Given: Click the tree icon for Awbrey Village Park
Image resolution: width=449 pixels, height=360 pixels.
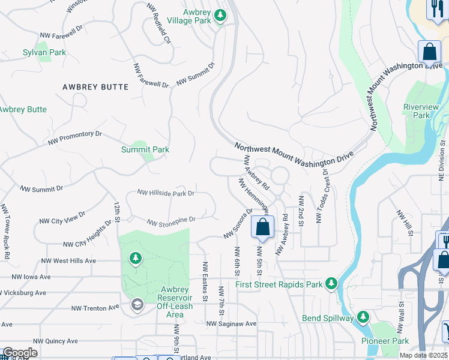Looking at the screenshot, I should point(220,15).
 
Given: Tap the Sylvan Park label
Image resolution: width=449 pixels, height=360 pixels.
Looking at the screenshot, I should point(44,53).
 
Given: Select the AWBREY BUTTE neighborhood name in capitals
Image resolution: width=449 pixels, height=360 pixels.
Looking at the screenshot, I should point(95,87).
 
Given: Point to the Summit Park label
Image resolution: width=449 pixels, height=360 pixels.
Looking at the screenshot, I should point(145,149).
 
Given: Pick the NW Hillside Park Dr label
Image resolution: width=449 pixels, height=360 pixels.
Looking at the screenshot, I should point(166,193).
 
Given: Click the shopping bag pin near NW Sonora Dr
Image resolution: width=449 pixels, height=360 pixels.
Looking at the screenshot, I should point(262,227).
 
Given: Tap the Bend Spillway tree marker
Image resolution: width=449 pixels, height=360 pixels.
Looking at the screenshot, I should point(363,316).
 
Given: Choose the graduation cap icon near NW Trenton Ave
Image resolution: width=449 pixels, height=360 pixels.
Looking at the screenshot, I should point(136,305).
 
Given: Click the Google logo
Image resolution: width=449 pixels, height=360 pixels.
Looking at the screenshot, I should point(20,353).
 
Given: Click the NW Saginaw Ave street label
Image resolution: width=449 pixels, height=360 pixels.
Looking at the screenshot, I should point(231,323).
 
